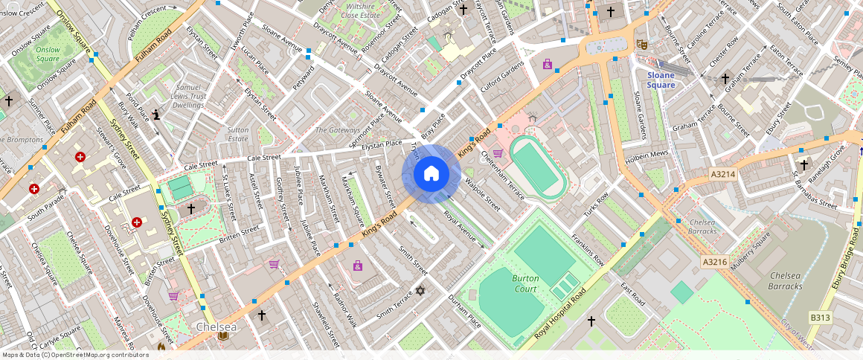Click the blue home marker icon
point(431,174)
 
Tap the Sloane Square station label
point(661,80)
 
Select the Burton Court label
point(524,283)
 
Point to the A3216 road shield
point(714,262)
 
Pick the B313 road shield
point(820,318)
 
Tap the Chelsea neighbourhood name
point(216,327)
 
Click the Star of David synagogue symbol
point(420,291)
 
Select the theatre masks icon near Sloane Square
point(642,45)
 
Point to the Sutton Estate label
point(237,134)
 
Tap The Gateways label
point(337,130)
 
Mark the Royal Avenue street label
point(459,228)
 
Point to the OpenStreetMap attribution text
point(74,355)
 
